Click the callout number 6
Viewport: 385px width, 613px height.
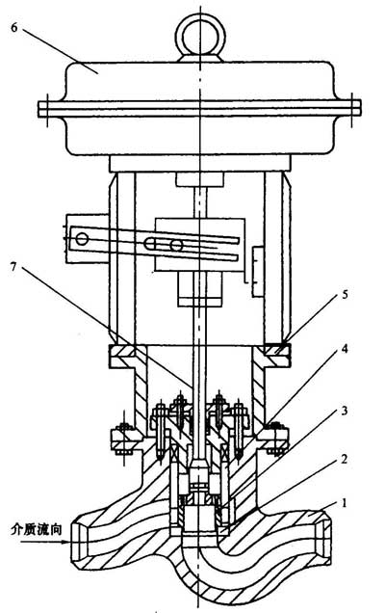pos(14,29)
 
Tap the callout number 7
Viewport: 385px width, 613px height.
pos(14,267)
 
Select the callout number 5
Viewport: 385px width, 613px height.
pos(345,294)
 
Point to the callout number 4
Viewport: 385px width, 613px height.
pos(345,349)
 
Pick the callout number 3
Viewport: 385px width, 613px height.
pos(345,411)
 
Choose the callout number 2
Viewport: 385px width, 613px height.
pos(344,459)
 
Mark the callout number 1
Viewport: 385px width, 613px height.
pos(344,503)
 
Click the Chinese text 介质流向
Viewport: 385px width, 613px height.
pos(36,530)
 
